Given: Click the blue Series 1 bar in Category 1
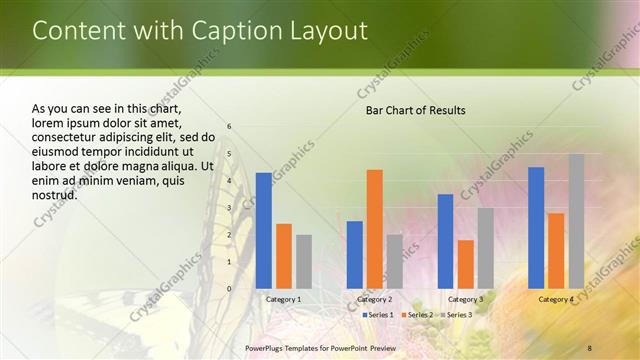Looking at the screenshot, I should pos(264,231).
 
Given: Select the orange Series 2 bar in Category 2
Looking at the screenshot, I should pos(375,229).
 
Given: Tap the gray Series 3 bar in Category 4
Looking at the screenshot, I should pos(577,221).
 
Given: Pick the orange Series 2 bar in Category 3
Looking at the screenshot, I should pos(466,264).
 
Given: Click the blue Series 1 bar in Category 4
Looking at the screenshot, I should pos(536,228).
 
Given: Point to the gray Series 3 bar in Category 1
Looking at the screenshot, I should pos(304,262).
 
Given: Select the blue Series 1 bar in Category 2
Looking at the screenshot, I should pos(354,255).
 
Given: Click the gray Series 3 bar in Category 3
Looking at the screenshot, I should pos(485,248).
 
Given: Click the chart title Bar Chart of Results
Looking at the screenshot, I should pos(415,110).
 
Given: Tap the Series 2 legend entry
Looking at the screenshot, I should pos(417,315).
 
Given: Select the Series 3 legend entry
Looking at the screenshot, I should pos(456,315).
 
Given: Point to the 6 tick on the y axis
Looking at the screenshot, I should pos(230,127).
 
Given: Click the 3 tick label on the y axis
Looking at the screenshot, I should pos(230,208).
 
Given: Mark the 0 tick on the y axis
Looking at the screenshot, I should pos(230,289).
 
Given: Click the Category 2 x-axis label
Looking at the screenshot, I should pos(374,299).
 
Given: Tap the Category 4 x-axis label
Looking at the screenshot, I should pos(556,299).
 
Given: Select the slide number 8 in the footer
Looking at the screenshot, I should pos(590,347).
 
